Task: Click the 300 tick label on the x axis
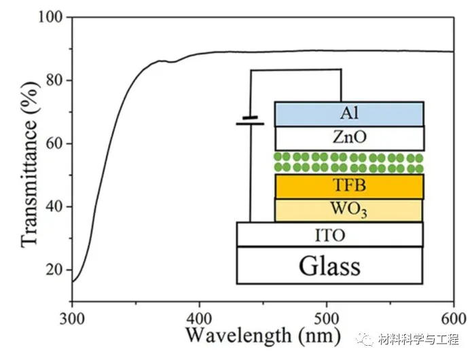point(72,319)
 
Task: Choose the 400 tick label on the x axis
point(199,319)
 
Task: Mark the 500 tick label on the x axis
point(326,319)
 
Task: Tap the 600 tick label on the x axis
point(453,319)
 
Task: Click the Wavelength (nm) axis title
point(262,336)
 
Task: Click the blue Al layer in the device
point(349,113)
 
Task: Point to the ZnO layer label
point(349,138)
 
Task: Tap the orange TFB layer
point(349,186)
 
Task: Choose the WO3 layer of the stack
point(349,210)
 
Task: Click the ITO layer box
point(330,234)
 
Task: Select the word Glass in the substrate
point(330,266)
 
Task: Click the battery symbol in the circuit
point(250,121)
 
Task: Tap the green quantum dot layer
point(349,162)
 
